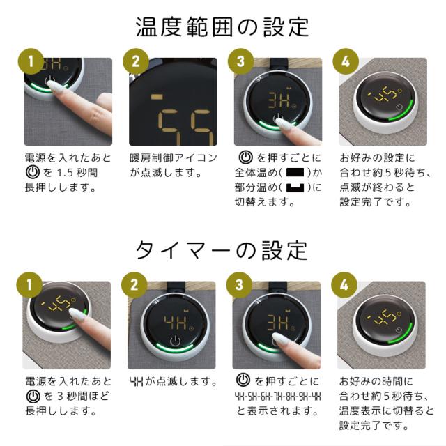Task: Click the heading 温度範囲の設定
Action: (x=222, y=27)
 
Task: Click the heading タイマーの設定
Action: (x=222, y=251)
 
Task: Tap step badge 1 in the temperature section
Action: (x=31, y=61)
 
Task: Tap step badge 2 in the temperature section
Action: (x=136, y=61)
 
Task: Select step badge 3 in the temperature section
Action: (x=240, y=61)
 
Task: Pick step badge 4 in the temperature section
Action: (x=346, y=61)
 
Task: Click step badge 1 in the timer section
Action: (x=29, y=285)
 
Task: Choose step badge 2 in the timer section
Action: (x=134, y=285)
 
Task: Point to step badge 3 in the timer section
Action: (x=239, y=285)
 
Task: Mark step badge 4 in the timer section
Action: (x=344, y=285)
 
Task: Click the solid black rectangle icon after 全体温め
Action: (x=295, y=173)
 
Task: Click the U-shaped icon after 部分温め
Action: (x=295, y=187)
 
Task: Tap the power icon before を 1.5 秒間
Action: (x=33, y=172)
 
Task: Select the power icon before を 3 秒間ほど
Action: (x=33, y=397)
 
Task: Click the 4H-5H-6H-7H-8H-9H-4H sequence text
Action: (x=277, y=397)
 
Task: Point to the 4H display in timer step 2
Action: (x=176, y=322)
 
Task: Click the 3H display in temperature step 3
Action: (x=279, y=100)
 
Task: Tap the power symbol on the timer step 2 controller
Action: (x=175, y=341)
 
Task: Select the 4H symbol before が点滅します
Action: (x=137, y=381)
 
